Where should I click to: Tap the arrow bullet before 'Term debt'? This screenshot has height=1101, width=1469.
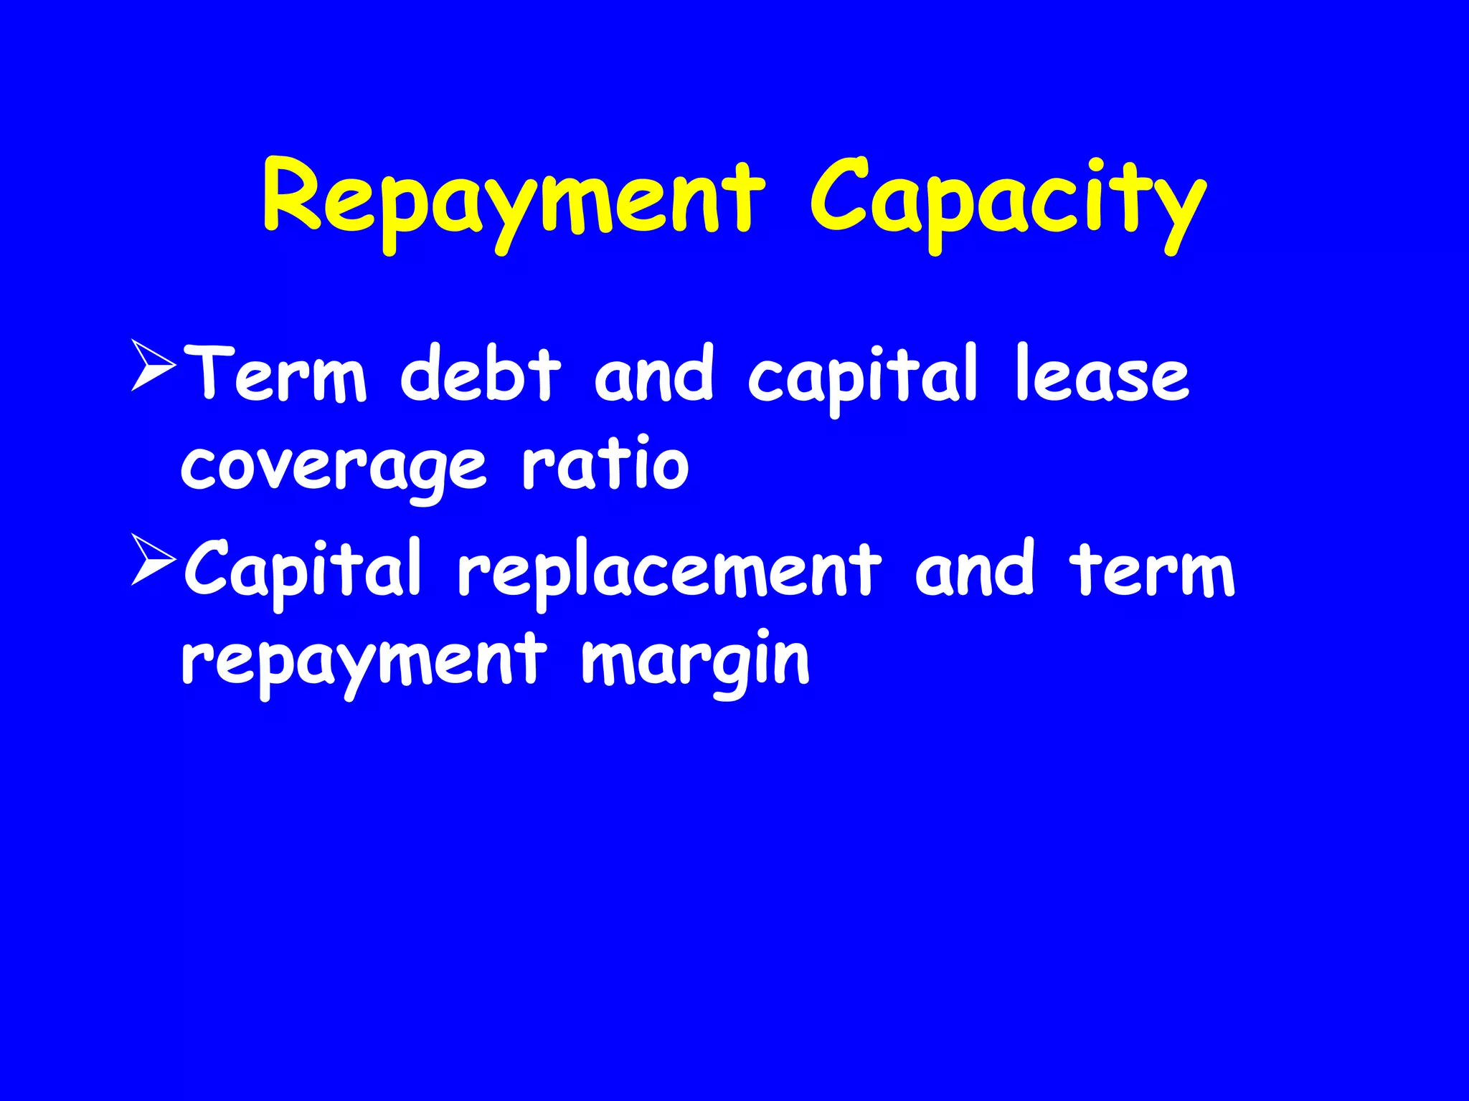click(153, 366)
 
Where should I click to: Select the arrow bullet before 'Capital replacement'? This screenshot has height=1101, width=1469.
click(153, 560)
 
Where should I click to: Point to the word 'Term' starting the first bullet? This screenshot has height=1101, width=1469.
click(280, 374)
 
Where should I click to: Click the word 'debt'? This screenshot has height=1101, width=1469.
click(480, 374)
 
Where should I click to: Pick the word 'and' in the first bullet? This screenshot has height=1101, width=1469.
click(654, 374)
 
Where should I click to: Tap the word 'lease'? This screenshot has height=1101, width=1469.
click(1102, 374)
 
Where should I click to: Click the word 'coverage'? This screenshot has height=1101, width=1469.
click(334, 467)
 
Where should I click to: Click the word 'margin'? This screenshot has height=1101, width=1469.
click(695, 662)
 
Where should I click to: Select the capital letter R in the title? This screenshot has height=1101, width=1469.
click(293, 195)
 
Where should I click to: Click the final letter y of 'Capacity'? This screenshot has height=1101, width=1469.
click(1181, 208)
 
